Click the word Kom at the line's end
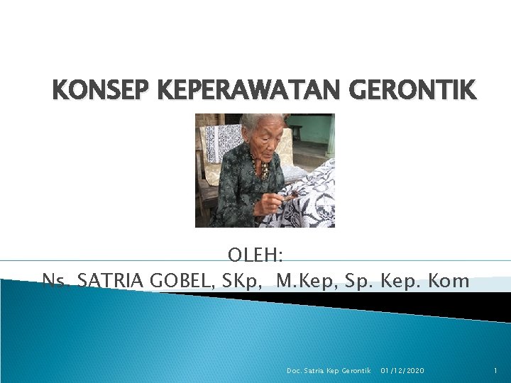pyautogui.click(x=449, y=281)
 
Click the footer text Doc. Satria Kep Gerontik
pyautogui.click(x=329, y=371)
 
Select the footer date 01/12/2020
pyautogui.click(x=403, y=371)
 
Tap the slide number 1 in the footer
pyautogui.click(x=495, y=371)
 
